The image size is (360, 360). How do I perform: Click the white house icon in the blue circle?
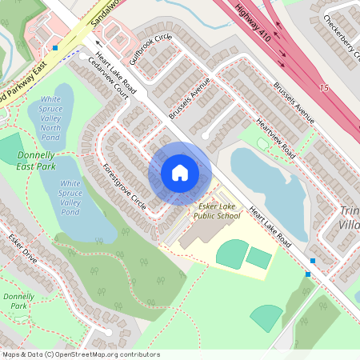(x=179, y=173)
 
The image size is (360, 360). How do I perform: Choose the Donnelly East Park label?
(x=35, y=161)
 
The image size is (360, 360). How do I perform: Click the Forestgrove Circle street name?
(x=124, y=188)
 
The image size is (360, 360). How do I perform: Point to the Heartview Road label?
(x=276, y=137)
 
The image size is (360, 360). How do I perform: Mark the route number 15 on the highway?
(x=323, y=87)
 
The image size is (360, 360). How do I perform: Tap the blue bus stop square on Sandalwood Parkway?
(x=55, y=48)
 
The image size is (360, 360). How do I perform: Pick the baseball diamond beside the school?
(x=232, y=254)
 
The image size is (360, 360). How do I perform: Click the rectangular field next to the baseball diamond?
(x=259, y=258)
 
